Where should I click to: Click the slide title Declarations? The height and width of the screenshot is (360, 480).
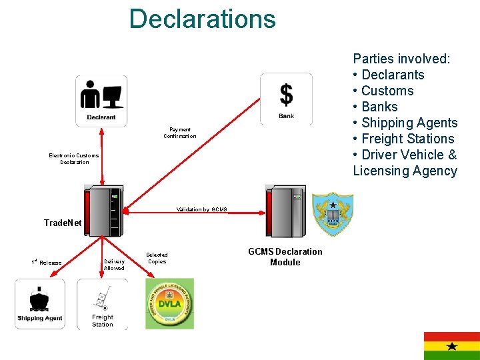coord(202,19)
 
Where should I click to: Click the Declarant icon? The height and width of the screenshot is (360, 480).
coord(101,101)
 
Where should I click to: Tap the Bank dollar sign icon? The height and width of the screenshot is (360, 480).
coord(286,98)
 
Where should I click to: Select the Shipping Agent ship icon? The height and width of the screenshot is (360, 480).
coord(40,303)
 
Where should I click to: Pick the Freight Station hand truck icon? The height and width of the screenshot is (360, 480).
coord(102,303)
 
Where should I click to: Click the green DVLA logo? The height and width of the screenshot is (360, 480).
coord(169,303)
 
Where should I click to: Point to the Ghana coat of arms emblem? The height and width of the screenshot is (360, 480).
coord(333,213)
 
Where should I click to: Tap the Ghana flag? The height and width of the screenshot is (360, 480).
coord(451,345)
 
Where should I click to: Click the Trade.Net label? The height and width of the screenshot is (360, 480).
coord(62,223)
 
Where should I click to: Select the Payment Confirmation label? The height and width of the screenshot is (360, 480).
coord(180,133)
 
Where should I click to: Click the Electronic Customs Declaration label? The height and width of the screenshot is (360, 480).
coord(74,159)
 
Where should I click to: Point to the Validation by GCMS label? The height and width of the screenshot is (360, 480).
coord(201,209)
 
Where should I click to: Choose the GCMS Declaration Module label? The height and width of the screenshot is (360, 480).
coord(285,257)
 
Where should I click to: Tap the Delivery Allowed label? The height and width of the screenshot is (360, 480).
coord(114,265)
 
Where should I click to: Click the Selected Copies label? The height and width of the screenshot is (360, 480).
coord(157,258)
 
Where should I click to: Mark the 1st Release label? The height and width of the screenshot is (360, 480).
coord(47,262)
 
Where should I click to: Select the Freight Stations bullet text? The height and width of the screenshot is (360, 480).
coord(407,139)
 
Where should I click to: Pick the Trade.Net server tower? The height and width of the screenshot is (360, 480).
coord(103,211)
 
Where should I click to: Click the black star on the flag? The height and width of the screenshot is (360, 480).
coord(452,346)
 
